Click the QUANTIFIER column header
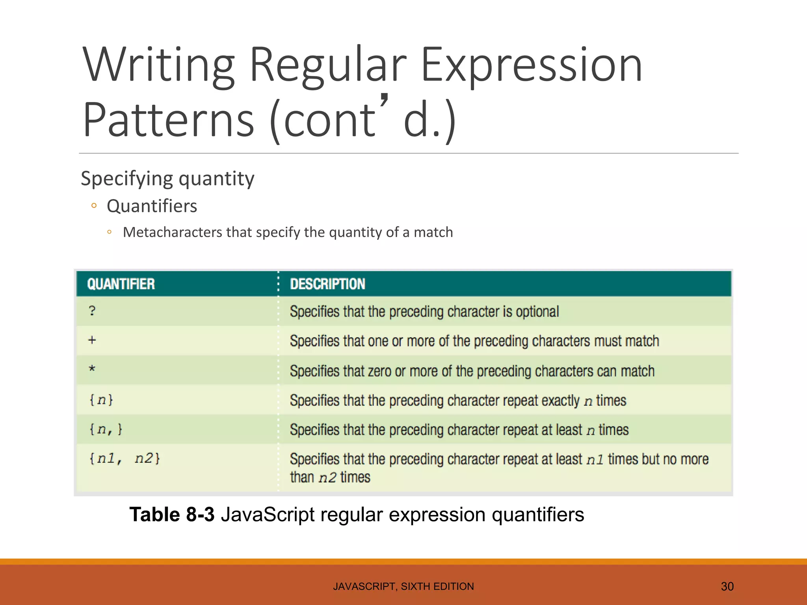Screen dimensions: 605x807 [121, 284]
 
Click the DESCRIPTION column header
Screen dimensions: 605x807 [327, 284]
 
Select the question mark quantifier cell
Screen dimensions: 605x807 [92, 311]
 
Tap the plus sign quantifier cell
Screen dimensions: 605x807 [92, 340]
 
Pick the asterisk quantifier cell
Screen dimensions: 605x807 [92, 369]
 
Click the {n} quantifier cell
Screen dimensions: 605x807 [101, 400]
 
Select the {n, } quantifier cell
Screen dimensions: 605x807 [106, 429]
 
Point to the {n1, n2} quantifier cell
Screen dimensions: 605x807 [125, 458]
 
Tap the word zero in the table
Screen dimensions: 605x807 [379, 371]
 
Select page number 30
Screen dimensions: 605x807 [727, 586]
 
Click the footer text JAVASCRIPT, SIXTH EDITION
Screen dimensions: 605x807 [403, 586]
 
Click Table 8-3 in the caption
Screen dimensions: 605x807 [172, 515]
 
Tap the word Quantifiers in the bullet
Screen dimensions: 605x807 [152, 206]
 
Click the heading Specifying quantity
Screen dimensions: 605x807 [167, 178]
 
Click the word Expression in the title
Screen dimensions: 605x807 [532, 65]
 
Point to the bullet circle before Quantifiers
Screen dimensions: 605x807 [94, 206]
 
